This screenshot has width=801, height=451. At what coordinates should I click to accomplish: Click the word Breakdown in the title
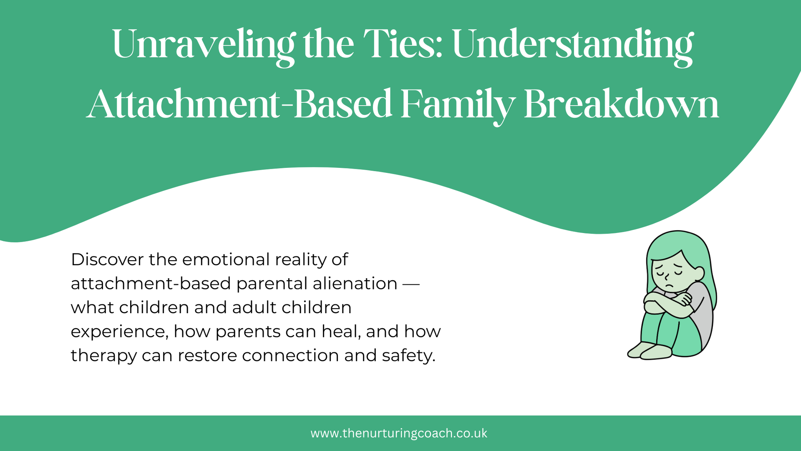click(622, 104)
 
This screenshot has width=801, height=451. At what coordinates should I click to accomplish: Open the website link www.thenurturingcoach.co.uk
click(399, 433)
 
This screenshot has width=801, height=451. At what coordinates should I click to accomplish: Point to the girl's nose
click(666, 277)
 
